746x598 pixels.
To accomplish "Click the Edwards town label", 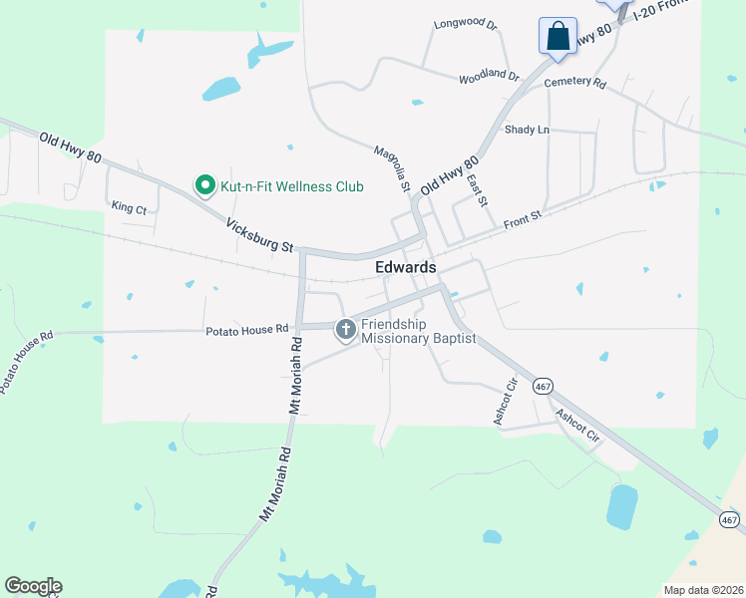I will click(x=406, y=267).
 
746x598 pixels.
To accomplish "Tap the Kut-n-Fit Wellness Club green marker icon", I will click(x=204, y=185).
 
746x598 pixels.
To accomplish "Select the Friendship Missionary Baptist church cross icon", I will click(x=346, y=329).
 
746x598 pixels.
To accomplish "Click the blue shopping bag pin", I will click(x=558, y=36).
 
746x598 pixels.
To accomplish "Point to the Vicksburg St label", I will click(x=259, y=235).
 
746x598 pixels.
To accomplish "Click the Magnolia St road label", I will click(x=392, y=167).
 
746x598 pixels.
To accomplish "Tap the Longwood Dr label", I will click(x=465, y=25).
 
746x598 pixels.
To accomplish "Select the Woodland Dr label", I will click(x=489, y=77).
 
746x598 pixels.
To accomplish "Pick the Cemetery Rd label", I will click(x=575, y=83).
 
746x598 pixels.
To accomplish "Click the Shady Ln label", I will click(x=527, y=130).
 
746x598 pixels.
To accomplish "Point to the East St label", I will click(x=476, y=189).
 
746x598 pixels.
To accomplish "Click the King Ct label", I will click(x=129, y=208).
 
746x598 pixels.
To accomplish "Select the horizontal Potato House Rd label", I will click(x=246, y=328).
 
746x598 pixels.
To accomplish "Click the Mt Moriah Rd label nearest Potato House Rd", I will click(x=295, y=377).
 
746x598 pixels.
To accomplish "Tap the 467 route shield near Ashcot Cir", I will click(x=543, y=386).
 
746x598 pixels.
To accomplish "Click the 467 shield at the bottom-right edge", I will click(x=730, y=519).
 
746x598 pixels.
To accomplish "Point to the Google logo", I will click(x=33, y=586).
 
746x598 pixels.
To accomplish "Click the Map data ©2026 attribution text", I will click(x=703, y=590).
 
